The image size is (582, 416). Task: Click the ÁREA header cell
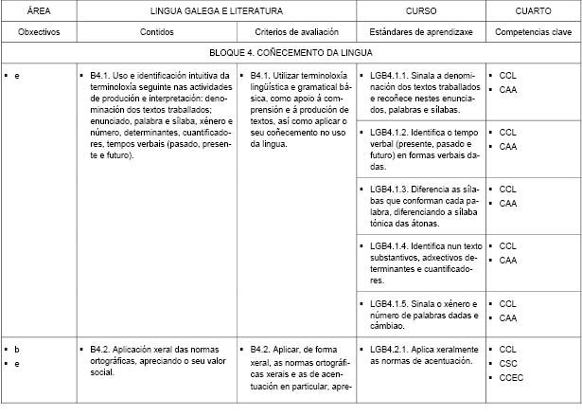(39, 11)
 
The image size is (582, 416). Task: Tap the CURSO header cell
(420, 11)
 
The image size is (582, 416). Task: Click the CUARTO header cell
(532, 11)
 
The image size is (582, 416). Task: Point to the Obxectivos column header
(39, 32)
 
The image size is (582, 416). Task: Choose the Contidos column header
(155, 32)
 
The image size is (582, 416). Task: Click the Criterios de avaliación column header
(296, 32)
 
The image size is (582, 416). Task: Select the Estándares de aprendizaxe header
(420, 32)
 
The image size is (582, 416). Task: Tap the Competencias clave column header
(532, 32)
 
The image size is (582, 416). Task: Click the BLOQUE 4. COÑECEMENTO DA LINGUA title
(291, 53)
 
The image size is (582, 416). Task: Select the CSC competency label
(508, 364)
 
